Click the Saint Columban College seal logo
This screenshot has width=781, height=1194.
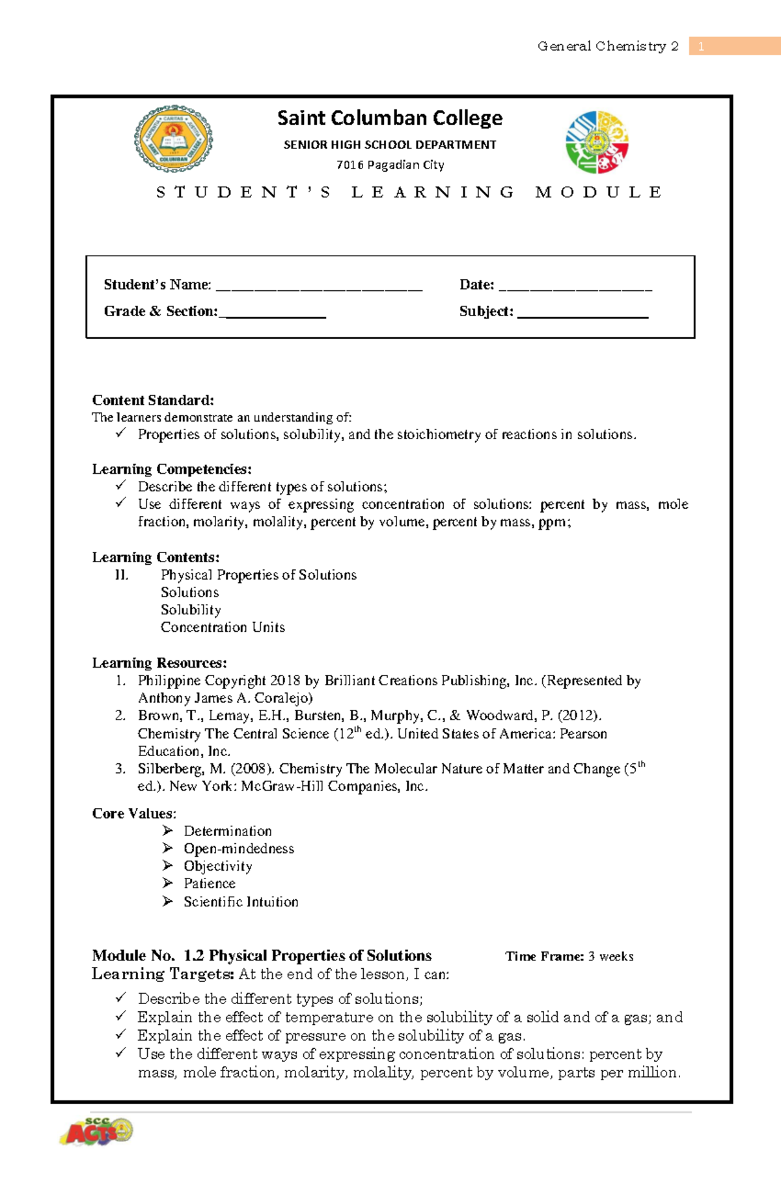[x=173, y=139]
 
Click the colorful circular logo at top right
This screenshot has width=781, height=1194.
[x=597, y=142]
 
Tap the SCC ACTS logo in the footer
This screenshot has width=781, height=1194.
[x=97, y=1132]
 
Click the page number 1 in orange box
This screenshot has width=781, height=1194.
[x=701, y=46]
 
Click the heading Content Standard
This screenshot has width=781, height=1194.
[x=153, y=400]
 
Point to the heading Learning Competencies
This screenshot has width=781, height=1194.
[x=171, y=469]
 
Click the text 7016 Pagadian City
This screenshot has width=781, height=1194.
[x=390, y=165]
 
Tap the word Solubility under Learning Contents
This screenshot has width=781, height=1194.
[x=191, y=610]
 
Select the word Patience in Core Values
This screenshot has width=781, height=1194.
[x=209, y=884]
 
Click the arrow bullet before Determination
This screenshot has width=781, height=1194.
[x=167, y=831]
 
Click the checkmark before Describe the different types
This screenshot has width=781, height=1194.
[x=120, y=485]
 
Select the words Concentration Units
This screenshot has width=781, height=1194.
[x=223, y=627]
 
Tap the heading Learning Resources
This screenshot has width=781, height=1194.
[x=159, y=663]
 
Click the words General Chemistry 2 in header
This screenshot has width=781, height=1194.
[x=608, y=46]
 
